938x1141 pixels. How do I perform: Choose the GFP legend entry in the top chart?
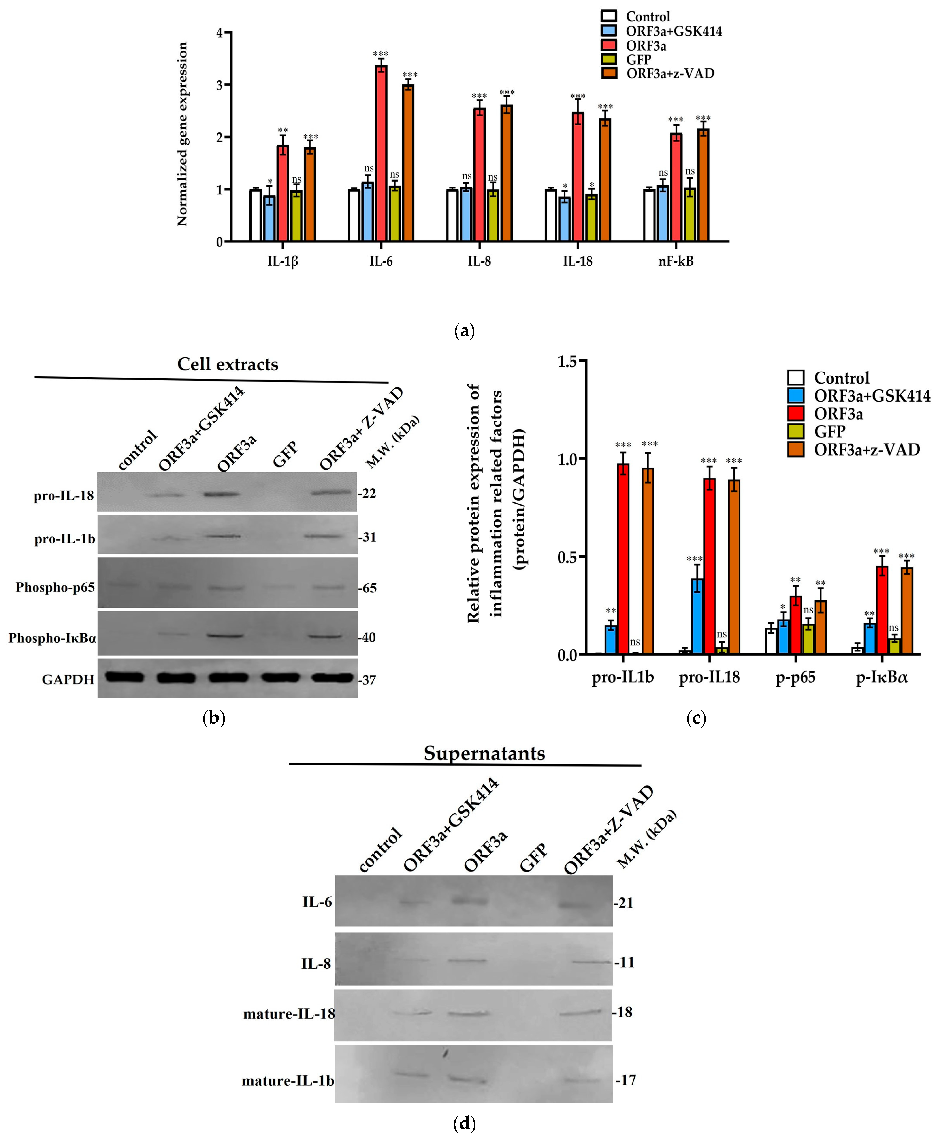638,60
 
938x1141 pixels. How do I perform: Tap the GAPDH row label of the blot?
68,679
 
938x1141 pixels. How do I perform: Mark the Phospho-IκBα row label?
52,638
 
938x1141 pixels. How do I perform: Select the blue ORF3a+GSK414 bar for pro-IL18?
697,616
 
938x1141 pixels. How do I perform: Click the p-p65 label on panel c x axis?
795,677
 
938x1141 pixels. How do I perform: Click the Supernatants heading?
484,753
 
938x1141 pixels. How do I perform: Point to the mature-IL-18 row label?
289,1013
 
